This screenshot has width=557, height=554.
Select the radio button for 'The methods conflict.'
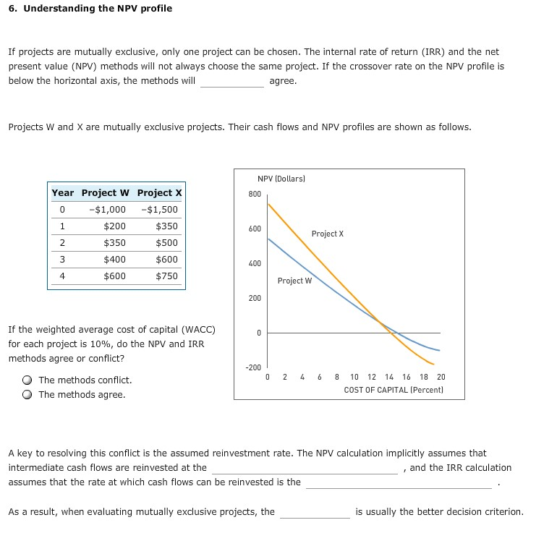[27, 380]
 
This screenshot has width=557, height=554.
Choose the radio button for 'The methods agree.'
[27, 395]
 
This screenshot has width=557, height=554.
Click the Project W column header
[106, 193]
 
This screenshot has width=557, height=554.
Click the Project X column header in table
[159, 193]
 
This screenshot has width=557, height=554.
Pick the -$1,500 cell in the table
[161, 210]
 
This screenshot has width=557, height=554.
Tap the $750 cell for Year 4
[166, 276]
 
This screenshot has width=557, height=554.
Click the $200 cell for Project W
[114, 226]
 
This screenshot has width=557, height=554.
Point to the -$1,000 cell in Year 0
[107, 210]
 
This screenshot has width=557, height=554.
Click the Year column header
[62, 193]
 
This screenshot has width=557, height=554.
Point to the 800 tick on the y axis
[254, 194]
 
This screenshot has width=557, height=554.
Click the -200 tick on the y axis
[253, 367]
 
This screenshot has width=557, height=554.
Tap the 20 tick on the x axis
[441, 377]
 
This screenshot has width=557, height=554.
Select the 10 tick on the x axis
[354, 377]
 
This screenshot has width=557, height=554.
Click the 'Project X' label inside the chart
[328, 234]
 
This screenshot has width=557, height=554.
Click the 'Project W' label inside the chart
[294, 281]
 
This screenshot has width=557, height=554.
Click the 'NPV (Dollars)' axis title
[281, 178]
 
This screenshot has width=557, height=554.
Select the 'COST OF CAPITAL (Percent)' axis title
[394, 390]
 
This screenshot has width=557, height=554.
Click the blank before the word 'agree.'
[232, 81]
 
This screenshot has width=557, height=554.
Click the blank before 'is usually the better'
[315, 512]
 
